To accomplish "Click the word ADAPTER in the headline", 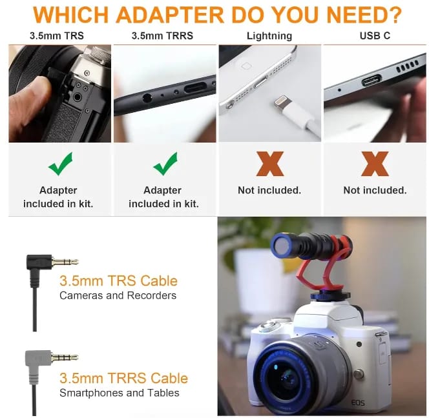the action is (170, 15).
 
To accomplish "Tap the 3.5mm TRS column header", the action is (57, 35).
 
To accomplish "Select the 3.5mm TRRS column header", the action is (162, 35).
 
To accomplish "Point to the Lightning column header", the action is (269, 36).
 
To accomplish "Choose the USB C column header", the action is (375, 35).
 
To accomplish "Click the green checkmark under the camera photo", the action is (61, 163).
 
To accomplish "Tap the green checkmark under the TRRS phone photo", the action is (165, 163).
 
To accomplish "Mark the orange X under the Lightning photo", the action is (270, 164).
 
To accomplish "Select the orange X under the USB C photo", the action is (375, 164).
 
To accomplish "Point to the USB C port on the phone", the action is (371, 81).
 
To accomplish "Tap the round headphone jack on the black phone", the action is (147, 97).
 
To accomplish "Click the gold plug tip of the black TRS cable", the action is (65, 262).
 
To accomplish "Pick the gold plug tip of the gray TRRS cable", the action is (65, 357).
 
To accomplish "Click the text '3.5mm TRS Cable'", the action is (118, 281).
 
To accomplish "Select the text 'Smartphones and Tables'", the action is (120, 393).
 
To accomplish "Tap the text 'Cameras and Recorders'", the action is (118, 295).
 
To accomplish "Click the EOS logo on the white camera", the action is (358, 403).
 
